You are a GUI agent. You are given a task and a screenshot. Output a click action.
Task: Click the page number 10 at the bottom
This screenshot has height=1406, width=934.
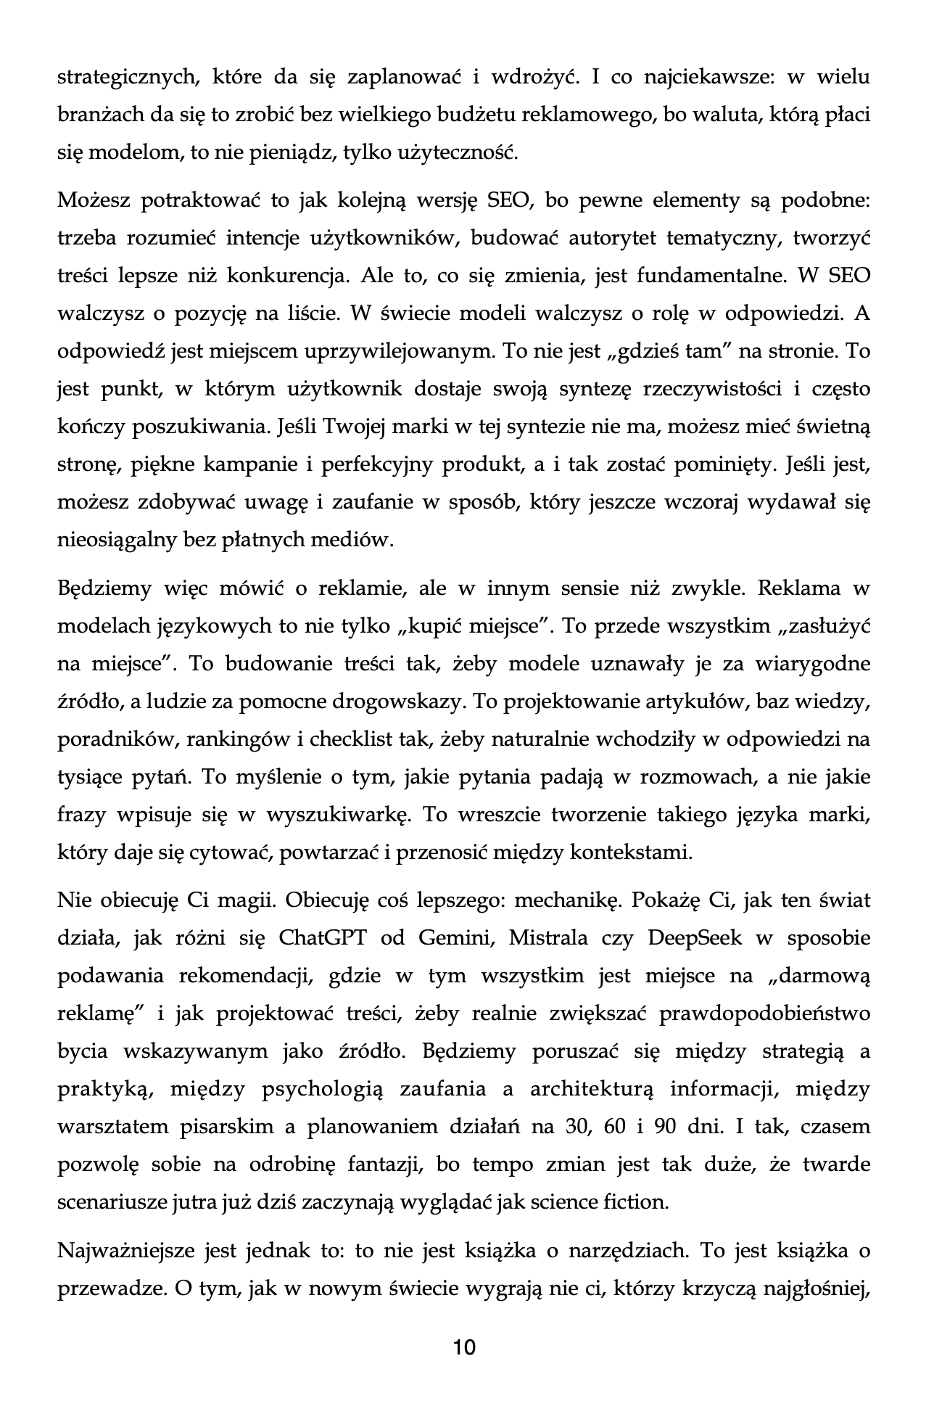(x=464, y=1347)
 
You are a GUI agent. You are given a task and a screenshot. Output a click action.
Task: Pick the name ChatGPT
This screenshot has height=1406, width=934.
(x=323, y=938)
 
